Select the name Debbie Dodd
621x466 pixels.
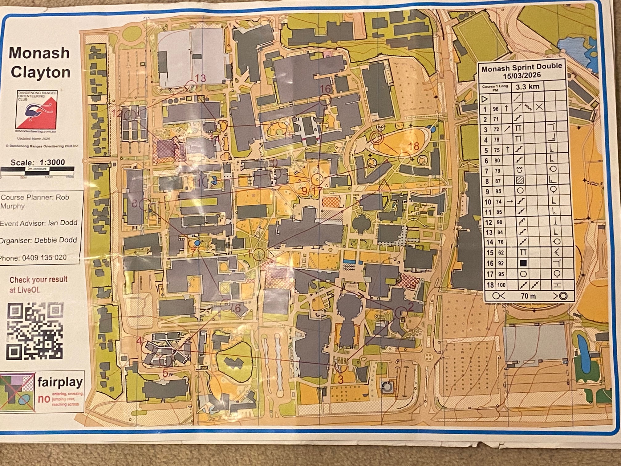(55, 240)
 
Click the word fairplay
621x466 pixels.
(60, 382)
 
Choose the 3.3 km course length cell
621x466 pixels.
(527, 87)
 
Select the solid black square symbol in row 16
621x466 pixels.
(523, 263)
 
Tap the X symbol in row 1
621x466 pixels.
(539, 107)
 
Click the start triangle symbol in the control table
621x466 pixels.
(485, 99)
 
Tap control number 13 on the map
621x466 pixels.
(200, 78)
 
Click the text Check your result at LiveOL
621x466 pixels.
(38, 284)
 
